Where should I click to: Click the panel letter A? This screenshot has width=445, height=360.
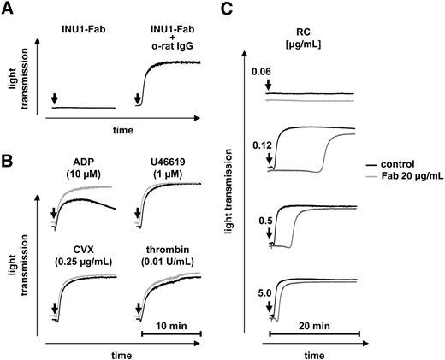click(9, 9)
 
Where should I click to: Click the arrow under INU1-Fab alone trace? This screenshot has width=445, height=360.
click(55, 100)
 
